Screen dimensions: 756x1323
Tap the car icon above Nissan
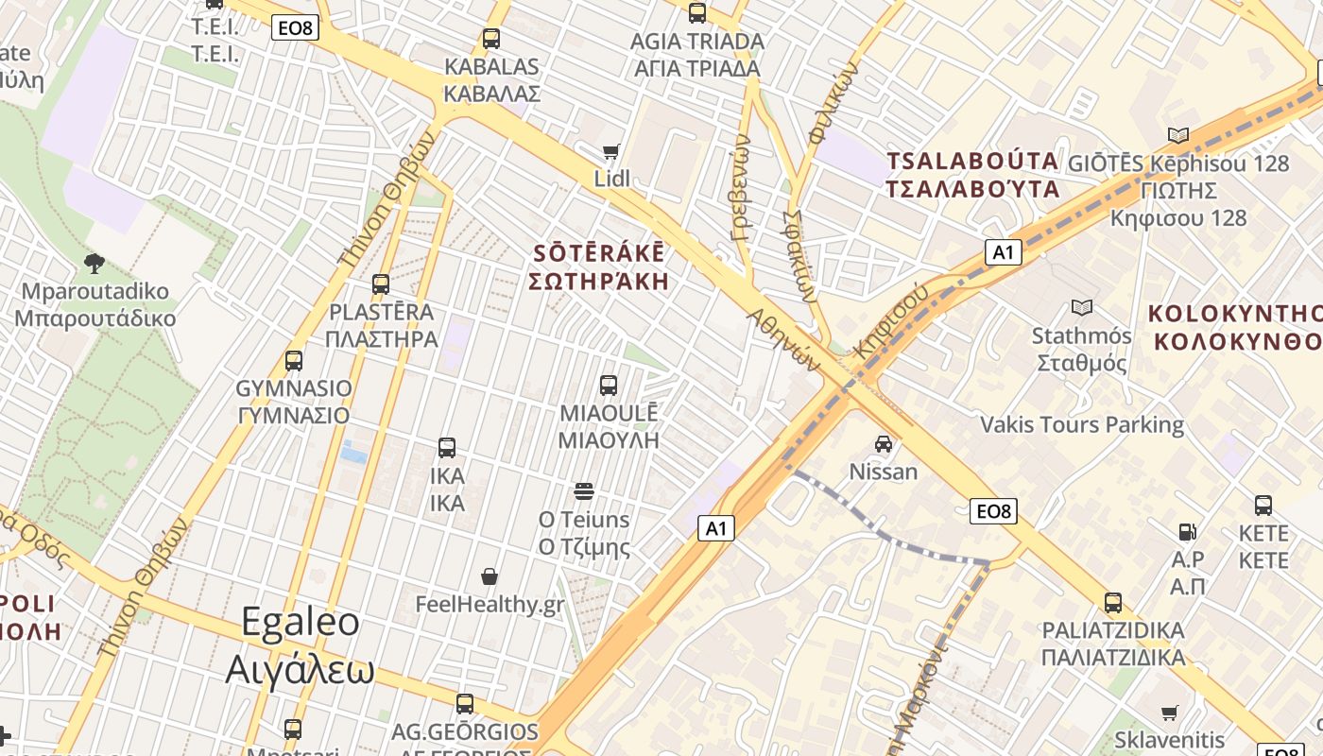(x=883, y=443)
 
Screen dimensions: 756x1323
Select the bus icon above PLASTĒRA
(x=381, y=283)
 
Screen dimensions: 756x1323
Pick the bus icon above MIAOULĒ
(x=609, y=385)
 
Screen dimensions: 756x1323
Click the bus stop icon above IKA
(x=447, y=447)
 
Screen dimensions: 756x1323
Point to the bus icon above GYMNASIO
(x=294, y=360)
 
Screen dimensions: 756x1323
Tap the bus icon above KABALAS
(x=490, y=39)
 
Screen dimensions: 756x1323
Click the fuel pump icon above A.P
(x=1188, y=532)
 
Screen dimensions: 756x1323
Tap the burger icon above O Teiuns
(x=584, y=490)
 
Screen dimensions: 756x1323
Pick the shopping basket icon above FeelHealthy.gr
(x=490, y=576)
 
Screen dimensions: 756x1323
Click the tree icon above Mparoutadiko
(x=94, y=262)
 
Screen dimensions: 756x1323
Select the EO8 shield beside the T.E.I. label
(x=294, y=27)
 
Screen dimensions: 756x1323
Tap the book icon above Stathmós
(x=1082, y=307)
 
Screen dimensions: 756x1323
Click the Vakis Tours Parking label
(x=1082, y=424)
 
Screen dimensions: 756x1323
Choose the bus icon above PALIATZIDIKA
(x=1113, y=602)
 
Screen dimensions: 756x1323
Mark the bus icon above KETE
(x=1263, y=505)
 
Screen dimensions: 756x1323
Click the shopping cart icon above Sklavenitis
(x=1169, y=713)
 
